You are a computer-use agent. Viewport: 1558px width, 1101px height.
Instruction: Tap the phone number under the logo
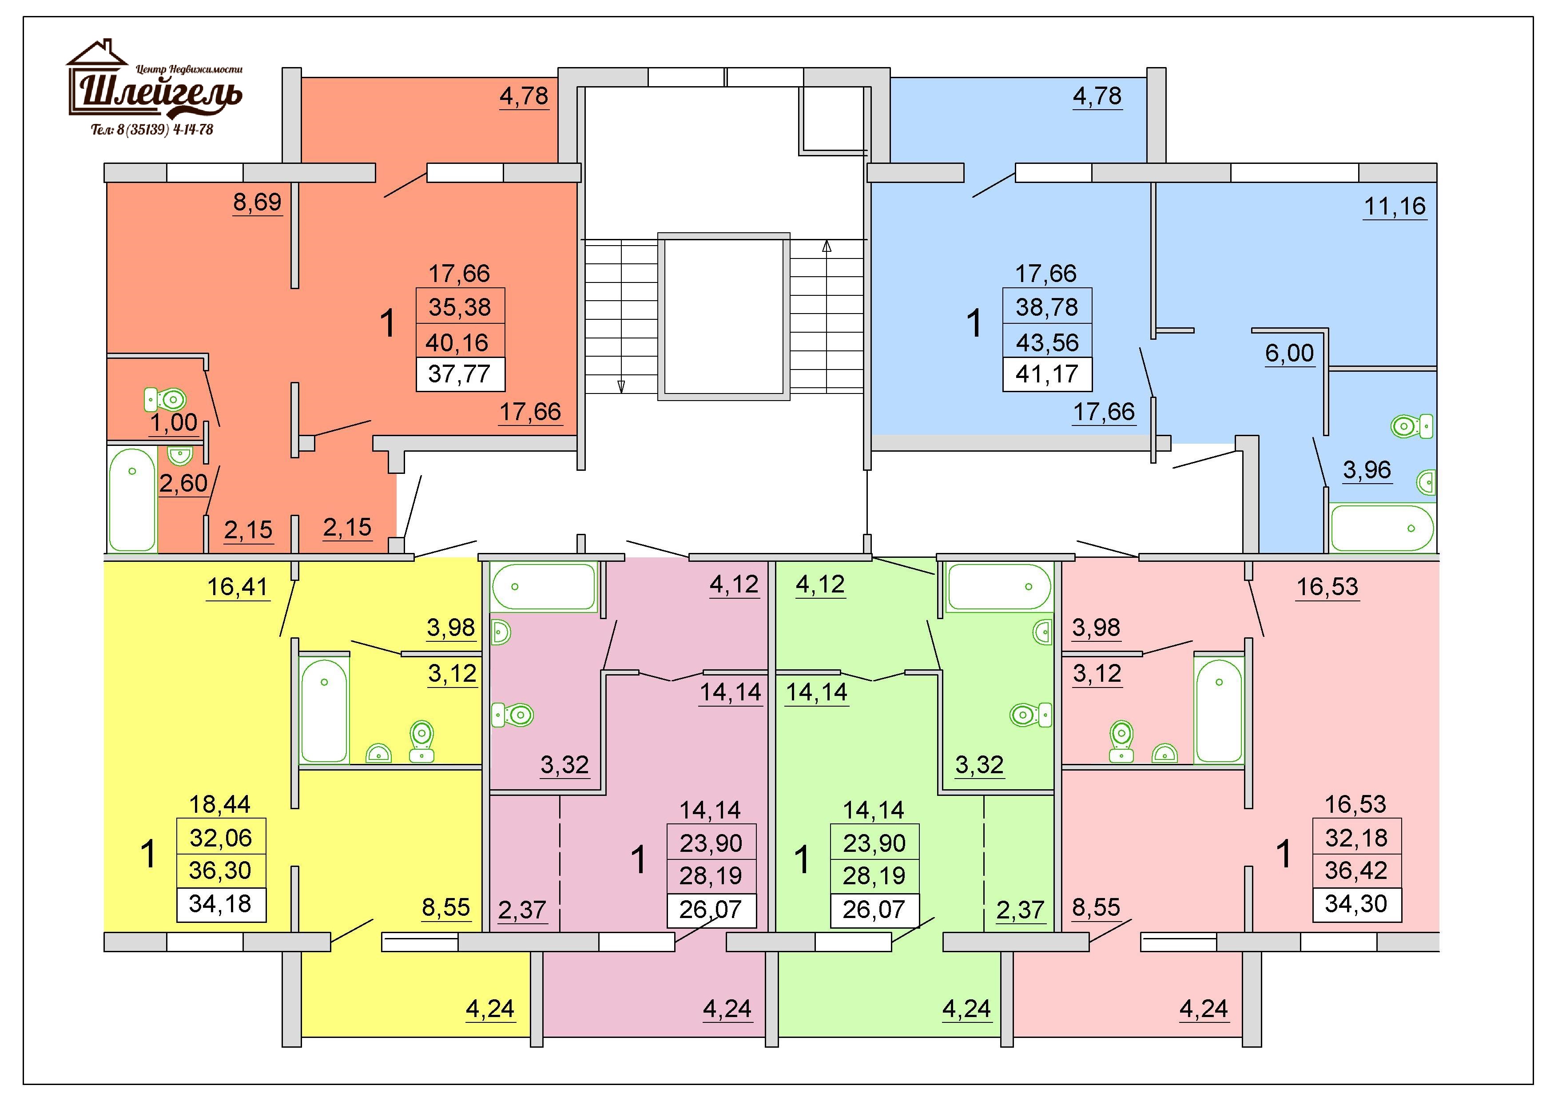click(x=152, y=129)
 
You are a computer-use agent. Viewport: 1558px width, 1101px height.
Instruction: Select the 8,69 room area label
click(x=257, y=202)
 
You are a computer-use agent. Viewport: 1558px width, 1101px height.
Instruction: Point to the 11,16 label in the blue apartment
click(x=1395, y=206)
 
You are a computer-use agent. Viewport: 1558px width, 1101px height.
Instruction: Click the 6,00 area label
click(x=1289, y=353)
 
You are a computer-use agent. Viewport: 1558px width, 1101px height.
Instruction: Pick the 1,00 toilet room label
click(x=173, y=423)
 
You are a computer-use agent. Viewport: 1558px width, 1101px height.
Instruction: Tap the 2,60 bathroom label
click(x=183, y=483)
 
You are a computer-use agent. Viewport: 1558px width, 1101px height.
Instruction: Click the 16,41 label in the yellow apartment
click(x=238, y=587)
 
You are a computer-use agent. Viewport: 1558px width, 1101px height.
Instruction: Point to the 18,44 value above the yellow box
click(x=220, y=804)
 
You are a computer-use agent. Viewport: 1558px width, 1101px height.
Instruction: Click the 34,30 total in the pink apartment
click(x=1356, y=904)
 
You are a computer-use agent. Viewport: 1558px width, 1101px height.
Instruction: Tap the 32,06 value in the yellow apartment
click(x=221, y=838)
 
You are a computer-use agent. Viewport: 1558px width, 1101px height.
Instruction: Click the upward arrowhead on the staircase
click(x=827, y=247)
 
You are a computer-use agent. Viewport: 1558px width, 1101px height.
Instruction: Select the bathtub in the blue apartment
click(x=1382, y=528)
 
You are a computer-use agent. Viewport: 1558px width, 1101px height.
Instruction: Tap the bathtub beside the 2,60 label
click(x=133, y=499)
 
